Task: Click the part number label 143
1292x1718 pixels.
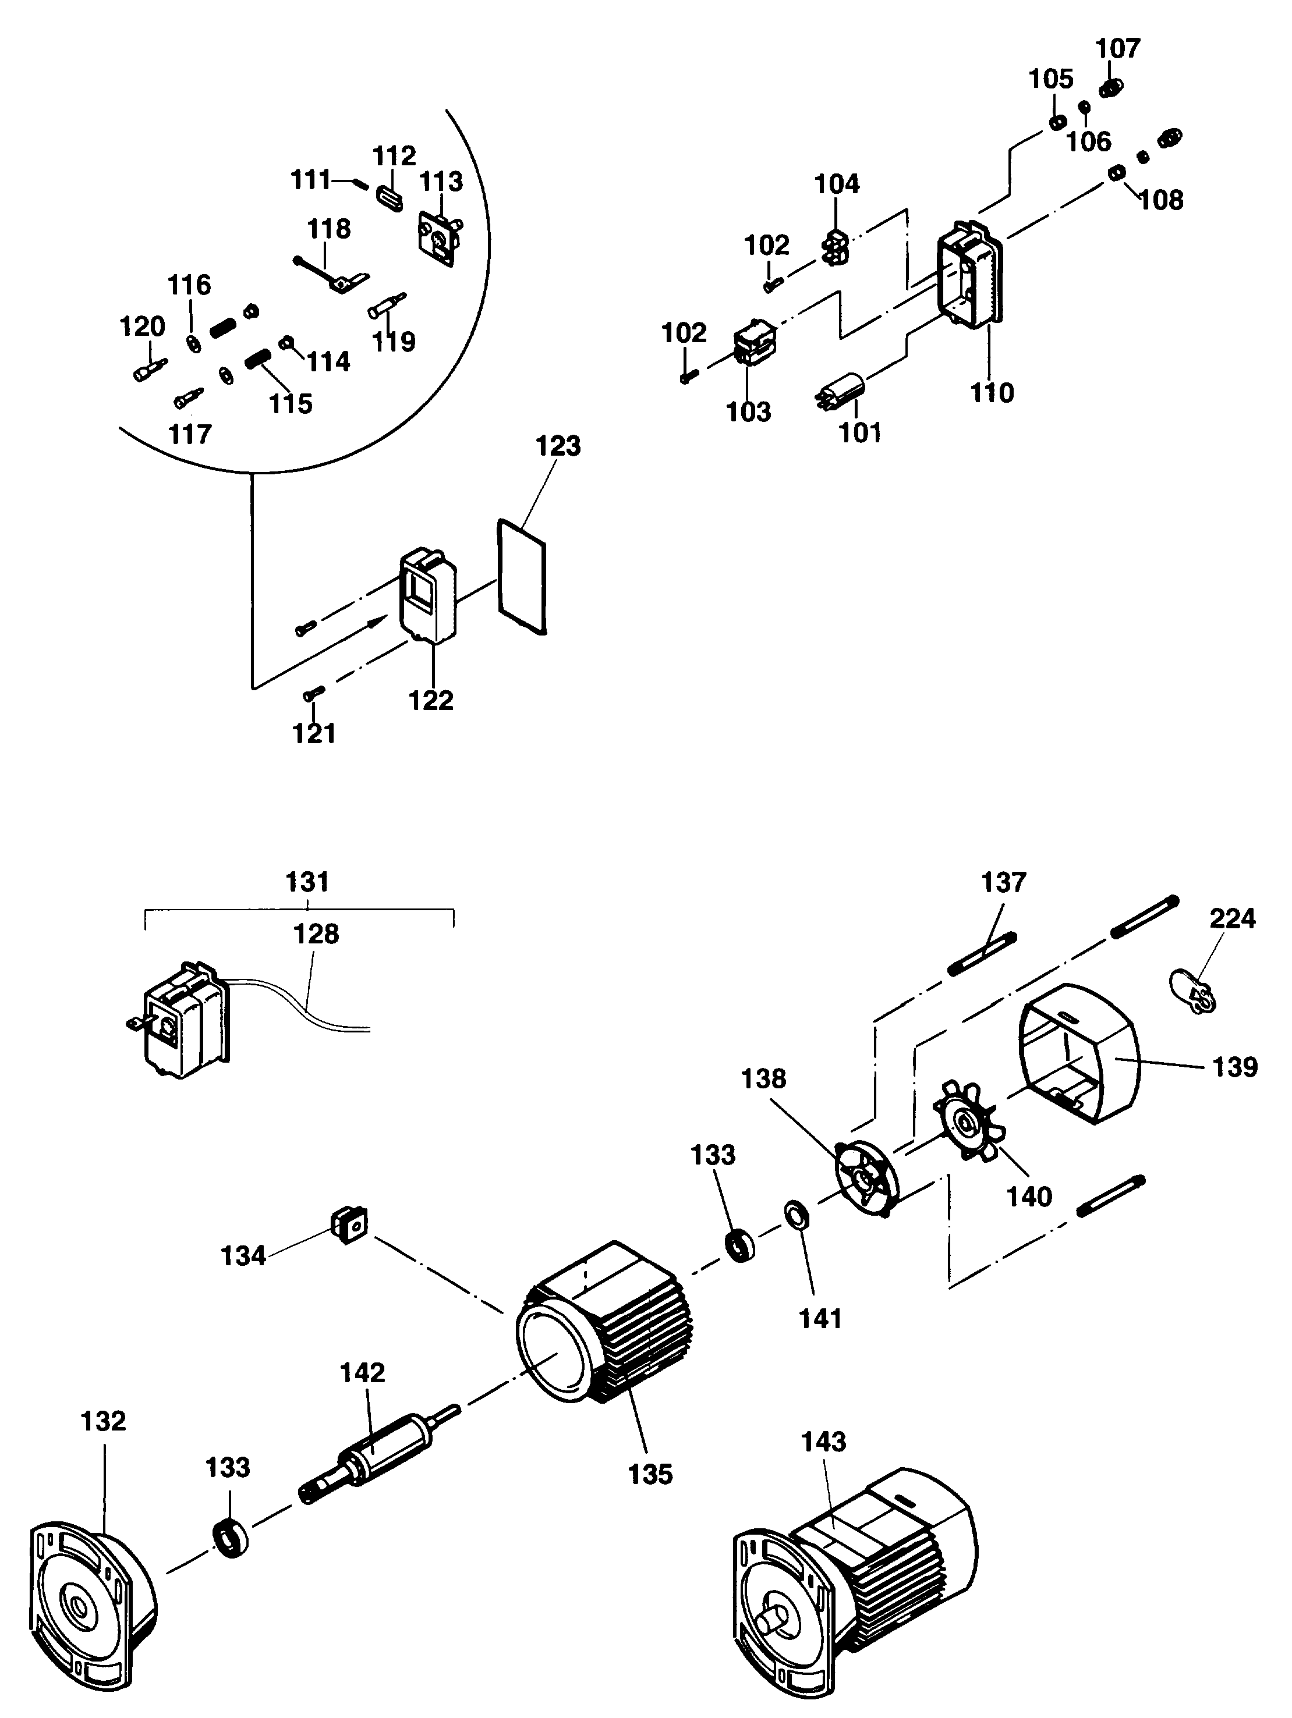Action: coord(823,1442)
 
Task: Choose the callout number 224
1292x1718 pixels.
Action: coord(1232,919)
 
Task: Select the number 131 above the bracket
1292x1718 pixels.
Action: coord(307,882)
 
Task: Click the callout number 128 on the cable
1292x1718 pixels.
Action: coord(316,933)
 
